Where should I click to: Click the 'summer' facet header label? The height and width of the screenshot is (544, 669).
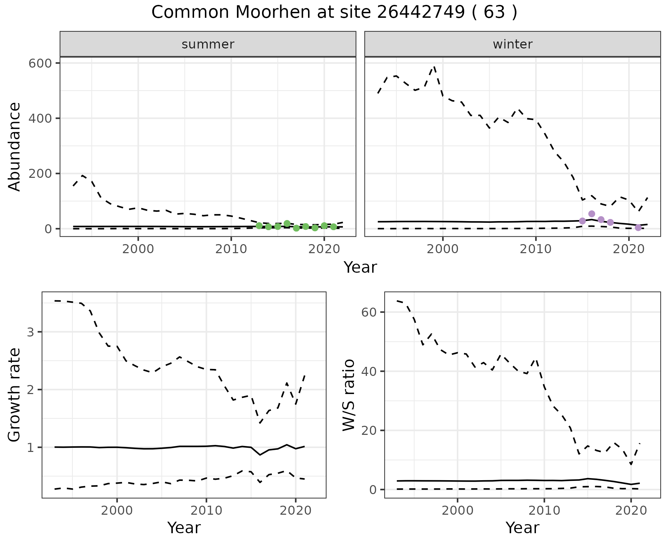coord(208,44)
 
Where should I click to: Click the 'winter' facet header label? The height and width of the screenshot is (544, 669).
coord(513,44)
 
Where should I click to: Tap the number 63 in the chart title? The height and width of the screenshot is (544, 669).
coord(494,13)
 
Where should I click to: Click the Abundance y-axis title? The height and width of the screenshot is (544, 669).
coord(15,146)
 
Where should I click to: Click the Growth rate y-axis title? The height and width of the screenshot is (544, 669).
coord(15,395)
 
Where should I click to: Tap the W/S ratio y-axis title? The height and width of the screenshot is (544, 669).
coord(349,395)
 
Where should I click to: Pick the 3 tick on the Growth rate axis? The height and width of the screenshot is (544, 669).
coord(31,332)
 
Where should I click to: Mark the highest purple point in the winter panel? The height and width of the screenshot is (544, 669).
coord(592,214)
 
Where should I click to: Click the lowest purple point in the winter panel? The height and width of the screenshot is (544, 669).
coord(638,228)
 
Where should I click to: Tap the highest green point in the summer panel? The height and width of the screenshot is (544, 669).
coord(287,224)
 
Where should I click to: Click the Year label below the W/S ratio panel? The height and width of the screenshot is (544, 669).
coord(522,528)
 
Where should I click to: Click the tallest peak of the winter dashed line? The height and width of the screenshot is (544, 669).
coord(434,66)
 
